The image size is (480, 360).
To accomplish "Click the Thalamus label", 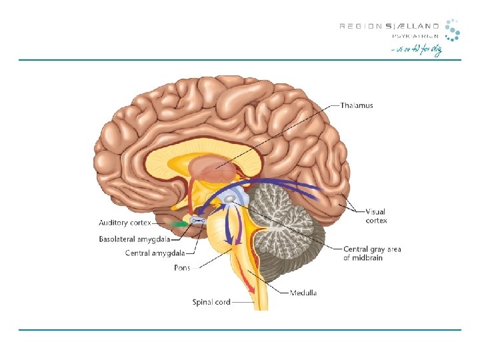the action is pos(357,105).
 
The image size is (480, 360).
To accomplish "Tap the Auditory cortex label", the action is pos(125,223).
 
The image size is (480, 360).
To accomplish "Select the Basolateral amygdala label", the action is pos(133,238).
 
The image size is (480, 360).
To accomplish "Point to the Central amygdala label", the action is pos(153,253).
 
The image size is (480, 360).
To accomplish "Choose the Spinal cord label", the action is pos(212,302).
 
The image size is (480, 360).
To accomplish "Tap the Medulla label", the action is pos(303,293).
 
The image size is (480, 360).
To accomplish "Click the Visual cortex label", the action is pos(375,216).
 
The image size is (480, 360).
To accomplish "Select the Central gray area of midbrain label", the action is pos(371,253).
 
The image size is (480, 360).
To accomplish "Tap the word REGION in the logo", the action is pos(361,27).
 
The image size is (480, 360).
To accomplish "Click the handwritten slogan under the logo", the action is pos(416,51).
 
